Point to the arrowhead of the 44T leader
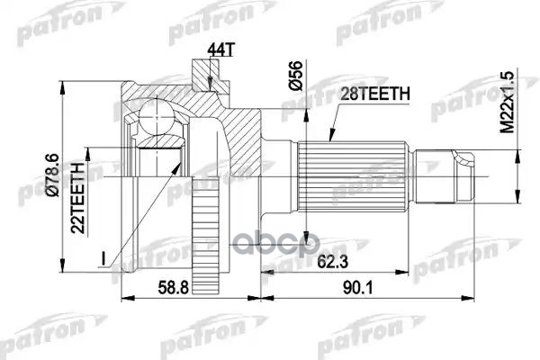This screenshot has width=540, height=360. click(x=210, y=90)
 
